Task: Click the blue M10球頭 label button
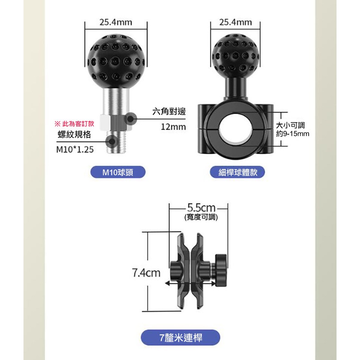pos(118,172)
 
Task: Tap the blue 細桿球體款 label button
pos(238,172)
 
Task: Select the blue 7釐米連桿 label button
pos(180,337)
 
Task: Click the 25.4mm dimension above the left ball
pos(116,22)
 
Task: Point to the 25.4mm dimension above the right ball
pos(235,22)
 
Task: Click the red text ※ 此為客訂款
pos(74,124)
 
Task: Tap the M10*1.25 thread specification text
pos(75,149)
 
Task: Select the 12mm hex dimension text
pos(173,127)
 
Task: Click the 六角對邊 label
pos(169,112)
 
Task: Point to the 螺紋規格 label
pos(74,135)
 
